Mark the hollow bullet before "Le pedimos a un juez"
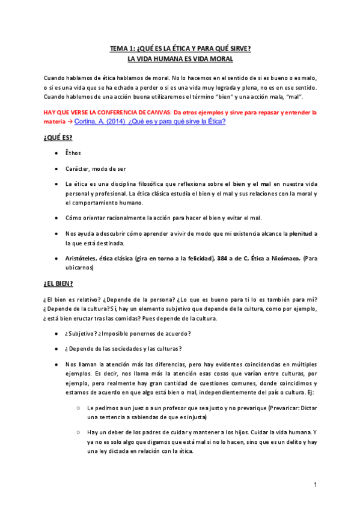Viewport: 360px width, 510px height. click(79, 407)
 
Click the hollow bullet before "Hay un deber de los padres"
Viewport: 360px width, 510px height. click(79, 432)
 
